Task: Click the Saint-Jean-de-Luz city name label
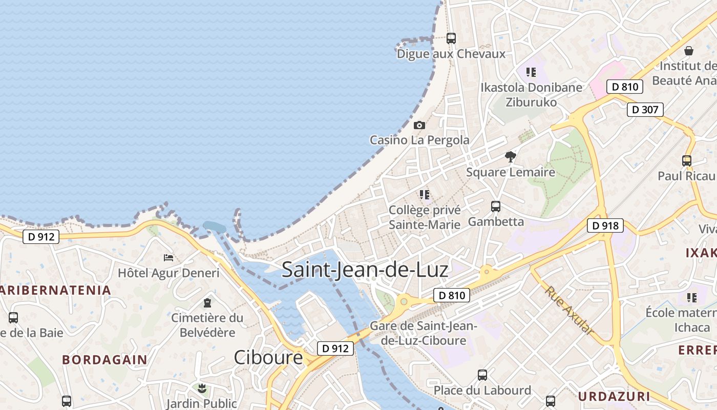click(365, 270)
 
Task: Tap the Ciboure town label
click(268, 357)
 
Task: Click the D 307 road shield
click(645, 109)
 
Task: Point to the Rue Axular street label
click(570, 311)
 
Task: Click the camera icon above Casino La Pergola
click(419, 125)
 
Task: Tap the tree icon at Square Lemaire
click(510, 157)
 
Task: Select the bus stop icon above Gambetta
click(496, 207)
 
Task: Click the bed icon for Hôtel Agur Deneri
click(168, 257)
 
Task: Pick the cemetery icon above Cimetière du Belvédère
click(207, 303)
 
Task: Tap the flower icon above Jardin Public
click(201, 388)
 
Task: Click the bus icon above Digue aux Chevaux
click(451, 38)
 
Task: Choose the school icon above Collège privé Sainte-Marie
click(424, 195)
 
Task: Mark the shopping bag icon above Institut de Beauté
click(689, 51)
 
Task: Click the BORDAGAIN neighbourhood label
click(104, 359)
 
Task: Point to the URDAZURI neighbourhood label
click(614, 396)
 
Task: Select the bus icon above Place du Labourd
click(482, 375)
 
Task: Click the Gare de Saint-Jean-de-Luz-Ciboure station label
click(423, 333)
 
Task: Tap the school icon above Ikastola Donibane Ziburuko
click(531, 72)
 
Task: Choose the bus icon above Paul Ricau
click(686, 160)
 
